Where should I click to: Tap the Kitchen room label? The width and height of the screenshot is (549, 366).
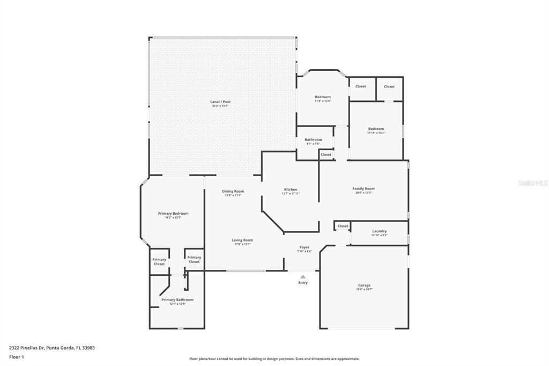click(291, 189)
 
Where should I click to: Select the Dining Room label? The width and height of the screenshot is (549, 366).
click(233, 192)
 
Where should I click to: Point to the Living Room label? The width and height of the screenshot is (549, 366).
click(242, 240)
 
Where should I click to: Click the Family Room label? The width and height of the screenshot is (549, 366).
click(363, 189)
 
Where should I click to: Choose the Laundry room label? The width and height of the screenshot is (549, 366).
click(380, 231)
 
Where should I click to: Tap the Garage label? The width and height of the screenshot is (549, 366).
click(364, 286)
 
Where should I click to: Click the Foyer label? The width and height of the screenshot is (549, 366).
click(305, 247)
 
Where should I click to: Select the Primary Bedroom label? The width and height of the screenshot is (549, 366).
click(173, 214)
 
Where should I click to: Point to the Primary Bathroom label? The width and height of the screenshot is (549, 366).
click(177, 300)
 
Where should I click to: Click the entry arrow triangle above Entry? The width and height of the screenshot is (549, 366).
click(303, 276)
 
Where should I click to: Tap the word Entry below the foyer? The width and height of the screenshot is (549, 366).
click(303, 283)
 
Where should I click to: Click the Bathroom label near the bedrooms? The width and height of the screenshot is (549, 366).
click(313, 140)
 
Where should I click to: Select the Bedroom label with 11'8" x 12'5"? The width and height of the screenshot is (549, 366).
click(323, 97)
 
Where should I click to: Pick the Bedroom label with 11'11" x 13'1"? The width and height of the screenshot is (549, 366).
click(376, 129)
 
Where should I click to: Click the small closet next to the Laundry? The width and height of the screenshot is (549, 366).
click(343, 226)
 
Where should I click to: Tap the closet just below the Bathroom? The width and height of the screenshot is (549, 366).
click(326, 155)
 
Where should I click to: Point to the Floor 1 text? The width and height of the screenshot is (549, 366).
click(17, 356)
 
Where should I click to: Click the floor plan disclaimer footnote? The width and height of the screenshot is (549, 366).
click(274, 359)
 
